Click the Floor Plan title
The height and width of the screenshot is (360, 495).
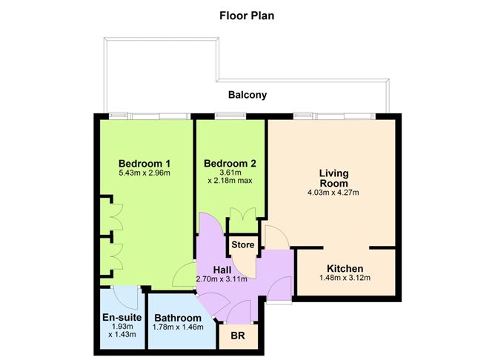click(247, 16)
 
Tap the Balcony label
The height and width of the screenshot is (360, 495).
click(247, 95)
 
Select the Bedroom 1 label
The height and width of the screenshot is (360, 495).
click(144, 164)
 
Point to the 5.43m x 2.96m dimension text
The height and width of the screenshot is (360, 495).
click(144, 173)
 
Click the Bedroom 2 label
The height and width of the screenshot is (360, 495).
click(230, 164)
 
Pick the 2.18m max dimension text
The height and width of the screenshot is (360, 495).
click(230, 181)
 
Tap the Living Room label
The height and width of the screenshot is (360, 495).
click(333, 179)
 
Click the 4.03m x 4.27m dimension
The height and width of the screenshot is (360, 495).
click(333, 193)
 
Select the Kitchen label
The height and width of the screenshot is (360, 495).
click(345, 269)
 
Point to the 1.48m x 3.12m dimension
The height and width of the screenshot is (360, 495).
click(345, 278)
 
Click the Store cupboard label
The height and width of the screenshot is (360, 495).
click(243, 245)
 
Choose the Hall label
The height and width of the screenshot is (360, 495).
click(222, 270)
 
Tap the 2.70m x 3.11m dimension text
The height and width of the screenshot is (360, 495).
click(222, 279)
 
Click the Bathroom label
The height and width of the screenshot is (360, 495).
click(178, 318)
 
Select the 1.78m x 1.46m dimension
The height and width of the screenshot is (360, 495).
click(178, 327)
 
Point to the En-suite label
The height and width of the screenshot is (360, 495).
click(122, 317)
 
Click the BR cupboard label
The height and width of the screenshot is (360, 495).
click(238, 336)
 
